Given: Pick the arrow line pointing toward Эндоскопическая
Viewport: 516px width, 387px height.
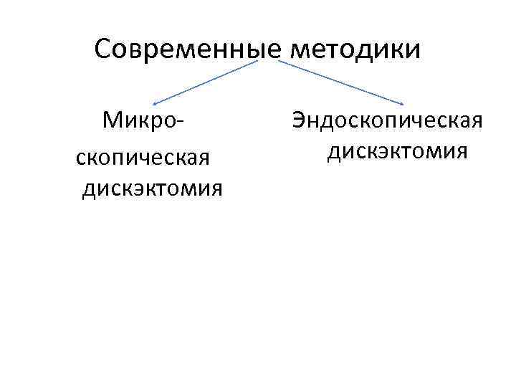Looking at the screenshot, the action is tap(340, 81).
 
